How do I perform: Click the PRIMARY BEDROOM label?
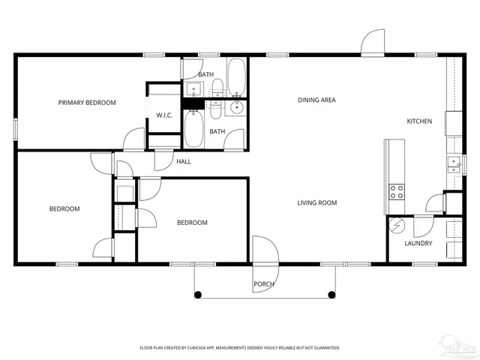87,102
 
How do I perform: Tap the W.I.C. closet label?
164,115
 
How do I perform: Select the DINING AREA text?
316,99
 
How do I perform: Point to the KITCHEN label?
418,121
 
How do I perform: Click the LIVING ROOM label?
316,202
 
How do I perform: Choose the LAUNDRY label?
418,243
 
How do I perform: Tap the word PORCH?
263,284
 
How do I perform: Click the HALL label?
184,161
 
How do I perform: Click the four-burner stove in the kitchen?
396,191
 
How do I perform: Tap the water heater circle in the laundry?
397,225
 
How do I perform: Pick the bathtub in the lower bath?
193,130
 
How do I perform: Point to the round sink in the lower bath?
237,108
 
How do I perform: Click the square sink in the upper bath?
193,90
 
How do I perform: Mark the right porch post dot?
331,293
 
